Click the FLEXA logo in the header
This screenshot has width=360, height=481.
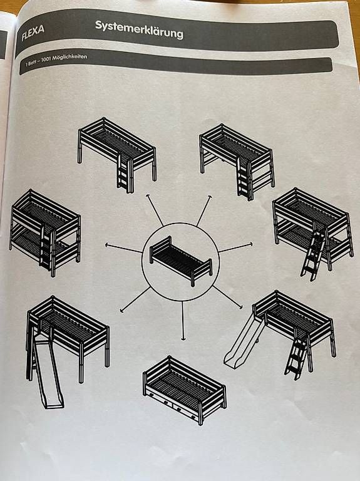coord(33,32)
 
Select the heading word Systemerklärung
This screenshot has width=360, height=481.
coord(139,30)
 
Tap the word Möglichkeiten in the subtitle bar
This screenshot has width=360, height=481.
coord(69,58)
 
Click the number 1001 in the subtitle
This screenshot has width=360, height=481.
coord(46,59)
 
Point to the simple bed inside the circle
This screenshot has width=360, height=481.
coord(181,261)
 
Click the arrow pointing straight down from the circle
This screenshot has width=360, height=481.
coord(183,321)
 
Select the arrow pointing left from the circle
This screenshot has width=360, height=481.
coord(123,248)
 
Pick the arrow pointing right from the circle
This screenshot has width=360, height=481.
coord(236,247)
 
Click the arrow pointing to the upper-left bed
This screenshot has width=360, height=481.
coord(155,210)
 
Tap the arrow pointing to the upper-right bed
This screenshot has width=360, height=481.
coord(204,210)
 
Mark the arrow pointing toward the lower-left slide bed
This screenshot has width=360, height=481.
coord(135,300)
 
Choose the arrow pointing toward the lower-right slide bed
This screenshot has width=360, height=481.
coord(228,297)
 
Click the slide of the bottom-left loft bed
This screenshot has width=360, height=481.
coord(48,373)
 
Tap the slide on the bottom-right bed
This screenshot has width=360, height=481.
coord(244,341)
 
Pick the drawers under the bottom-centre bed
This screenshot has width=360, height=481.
coord(173,406)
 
